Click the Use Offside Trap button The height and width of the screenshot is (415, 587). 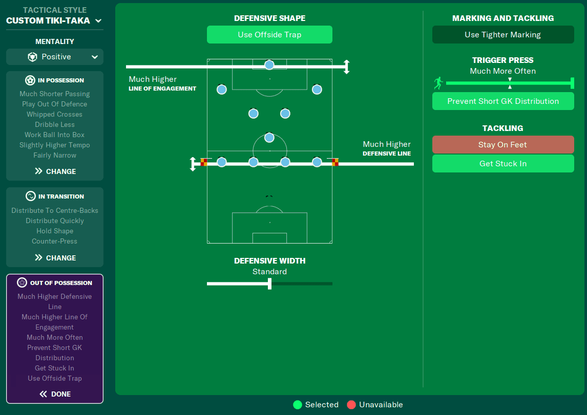[269, 35]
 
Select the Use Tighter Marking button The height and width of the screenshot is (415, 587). [502, 35]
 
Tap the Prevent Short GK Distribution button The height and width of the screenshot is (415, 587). [502, 101]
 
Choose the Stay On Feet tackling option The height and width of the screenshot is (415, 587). [502, 145]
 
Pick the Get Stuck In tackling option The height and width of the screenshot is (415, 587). [502, 164]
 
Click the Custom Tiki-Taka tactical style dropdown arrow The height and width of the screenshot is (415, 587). [98, 21]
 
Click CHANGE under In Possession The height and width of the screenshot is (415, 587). [55, 171]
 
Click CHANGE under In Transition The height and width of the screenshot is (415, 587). [55, 258]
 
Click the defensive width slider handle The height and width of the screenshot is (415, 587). [269, 283]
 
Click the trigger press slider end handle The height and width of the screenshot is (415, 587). [572, 83]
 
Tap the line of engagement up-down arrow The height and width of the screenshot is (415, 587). [346, 67]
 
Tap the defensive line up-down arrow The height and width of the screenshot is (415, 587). [193, 164]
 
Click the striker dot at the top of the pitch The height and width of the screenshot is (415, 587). [269, 65]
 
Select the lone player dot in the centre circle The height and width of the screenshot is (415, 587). [269, 138]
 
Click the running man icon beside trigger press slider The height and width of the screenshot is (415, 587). [438, 83]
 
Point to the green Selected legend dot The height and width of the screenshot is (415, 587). [298, 405]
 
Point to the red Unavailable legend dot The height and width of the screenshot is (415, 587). [351, 405]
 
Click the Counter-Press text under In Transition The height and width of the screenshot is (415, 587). [55, 241]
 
